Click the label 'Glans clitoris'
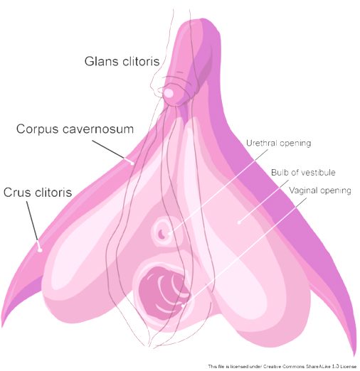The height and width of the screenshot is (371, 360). (122, 61)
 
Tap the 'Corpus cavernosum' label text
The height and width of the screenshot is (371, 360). (75, 129)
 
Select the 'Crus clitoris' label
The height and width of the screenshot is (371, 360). (38, 192)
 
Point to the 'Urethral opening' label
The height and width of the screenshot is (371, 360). (278, 144)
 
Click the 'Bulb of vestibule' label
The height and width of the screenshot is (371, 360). (303, 172)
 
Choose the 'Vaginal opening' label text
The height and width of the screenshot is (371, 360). (320, 190)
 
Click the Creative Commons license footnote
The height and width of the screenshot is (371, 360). (282, 367)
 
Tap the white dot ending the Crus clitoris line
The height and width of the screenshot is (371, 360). (40, 249)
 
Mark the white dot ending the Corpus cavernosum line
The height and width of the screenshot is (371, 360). (132, 163)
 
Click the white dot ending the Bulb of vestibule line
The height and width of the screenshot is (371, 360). (239, 222)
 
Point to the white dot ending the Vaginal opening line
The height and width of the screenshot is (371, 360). (183, 306)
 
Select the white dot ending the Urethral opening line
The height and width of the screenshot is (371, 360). (169, 233)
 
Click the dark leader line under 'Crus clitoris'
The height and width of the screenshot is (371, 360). (32, 221)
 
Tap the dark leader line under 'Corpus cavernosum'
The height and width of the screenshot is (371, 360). (108, 149)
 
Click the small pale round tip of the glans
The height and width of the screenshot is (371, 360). (169, 93)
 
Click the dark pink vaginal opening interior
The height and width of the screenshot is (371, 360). (162, 293)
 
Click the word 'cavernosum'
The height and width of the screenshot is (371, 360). (98, 129)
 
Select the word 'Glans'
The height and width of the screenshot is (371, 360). (101, 61)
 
